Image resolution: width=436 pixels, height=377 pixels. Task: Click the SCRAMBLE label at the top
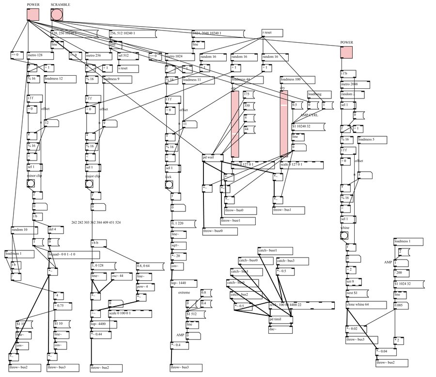pos(61,4)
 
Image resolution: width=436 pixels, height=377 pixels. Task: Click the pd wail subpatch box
pos(212,157)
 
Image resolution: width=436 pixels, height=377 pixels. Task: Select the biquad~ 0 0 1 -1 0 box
pos(68,254)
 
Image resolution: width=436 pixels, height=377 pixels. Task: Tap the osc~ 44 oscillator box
pos(121,276)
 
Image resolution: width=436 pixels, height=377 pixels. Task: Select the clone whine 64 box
pos(366,305)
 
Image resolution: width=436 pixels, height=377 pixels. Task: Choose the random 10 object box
pos(22,229)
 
